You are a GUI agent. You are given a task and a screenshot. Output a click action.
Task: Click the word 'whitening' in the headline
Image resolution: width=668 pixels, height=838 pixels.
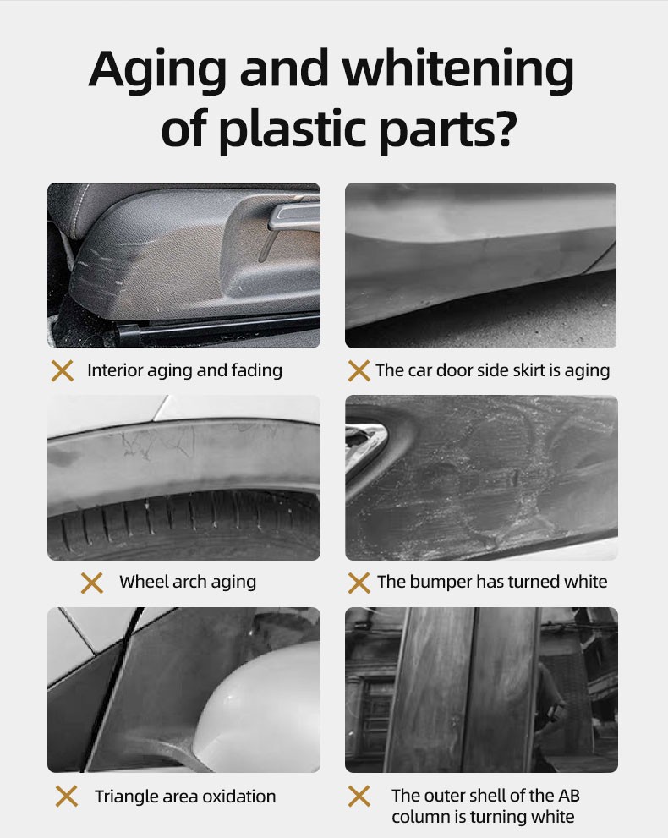pyautogui.click(x=458, y=69)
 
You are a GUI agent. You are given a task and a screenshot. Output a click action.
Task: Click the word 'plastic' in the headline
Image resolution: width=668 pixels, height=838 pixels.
pyautogui.click(x=293, y=129)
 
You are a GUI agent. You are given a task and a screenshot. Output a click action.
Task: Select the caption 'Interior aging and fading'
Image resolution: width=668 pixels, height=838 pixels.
pyautogui.click(x=184, y=370)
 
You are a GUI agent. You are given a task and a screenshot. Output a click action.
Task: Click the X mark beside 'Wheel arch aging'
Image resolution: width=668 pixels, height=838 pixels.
pyautogui.click(x=92, y=583)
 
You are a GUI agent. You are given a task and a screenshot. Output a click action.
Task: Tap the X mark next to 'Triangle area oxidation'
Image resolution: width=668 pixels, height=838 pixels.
pyautogui.click(x=67, y=797)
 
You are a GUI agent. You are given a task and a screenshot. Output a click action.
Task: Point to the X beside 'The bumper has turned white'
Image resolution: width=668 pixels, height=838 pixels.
pyautogui.click(x=359, y=583)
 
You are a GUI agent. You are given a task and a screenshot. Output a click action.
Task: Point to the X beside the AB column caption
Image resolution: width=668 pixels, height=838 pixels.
pyautogui.click(x=359, y=797)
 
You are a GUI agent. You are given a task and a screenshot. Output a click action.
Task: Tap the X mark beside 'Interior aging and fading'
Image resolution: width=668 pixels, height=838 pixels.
pyautogui.click(x=62, y=370)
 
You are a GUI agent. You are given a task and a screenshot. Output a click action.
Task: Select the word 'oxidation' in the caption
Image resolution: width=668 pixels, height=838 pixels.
pyautogui.click(x=239, y=797)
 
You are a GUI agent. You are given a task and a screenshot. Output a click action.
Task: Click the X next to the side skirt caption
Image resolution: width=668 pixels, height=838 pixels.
pyautogui.click(x=359, y=370)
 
